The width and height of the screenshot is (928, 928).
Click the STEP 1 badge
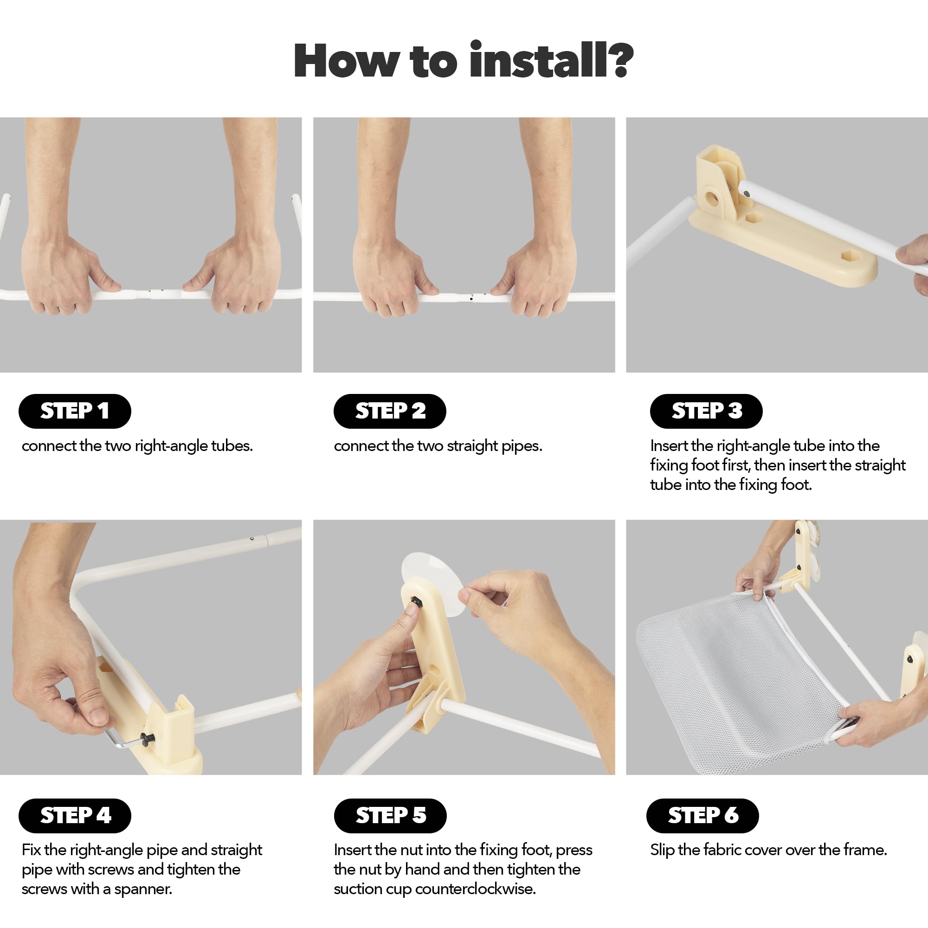click(x=75, y=411)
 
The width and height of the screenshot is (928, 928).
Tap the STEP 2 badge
click(x=390, y=411)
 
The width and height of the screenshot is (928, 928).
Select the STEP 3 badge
click(x=706, y=411)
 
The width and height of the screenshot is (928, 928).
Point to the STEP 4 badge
click(x=75, y=816)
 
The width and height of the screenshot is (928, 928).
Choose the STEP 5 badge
click(x=390, y=816)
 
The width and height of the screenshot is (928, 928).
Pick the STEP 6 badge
click(x=702, y=816)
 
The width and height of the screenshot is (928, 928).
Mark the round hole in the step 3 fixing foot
click(x=712, y=197)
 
